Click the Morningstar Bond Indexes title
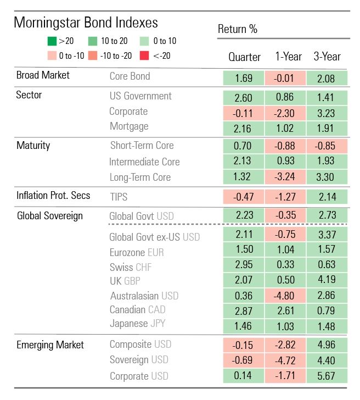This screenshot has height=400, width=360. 86,23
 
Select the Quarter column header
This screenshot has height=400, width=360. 244,57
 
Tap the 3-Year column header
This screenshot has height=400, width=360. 327,57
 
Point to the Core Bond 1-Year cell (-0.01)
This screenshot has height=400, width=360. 285,78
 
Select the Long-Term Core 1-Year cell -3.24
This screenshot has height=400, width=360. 285,177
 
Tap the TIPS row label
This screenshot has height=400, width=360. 120,196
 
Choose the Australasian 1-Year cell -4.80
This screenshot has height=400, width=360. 285,295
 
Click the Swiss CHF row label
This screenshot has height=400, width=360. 131,267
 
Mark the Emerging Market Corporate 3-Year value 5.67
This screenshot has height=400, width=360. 327,376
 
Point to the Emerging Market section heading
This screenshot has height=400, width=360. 50,345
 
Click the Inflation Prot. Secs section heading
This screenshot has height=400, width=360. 53,195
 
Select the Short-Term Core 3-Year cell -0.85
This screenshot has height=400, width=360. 327,147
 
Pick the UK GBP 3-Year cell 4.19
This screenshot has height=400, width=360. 327,281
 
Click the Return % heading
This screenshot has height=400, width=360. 238,29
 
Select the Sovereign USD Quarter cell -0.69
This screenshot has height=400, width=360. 243,360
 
